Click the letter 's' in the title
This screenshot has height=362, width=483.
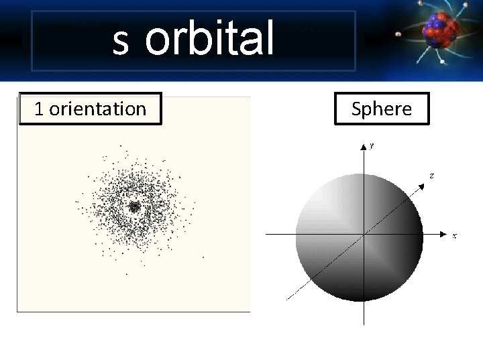[x=121, y=42]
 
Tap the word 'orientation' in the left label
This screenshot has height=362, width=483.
[x=97, y=109]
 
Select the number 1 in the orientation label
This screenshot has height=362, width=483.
[x=39, y=109]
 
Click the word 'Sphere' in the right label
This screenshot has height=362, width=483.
[x=381, y=109]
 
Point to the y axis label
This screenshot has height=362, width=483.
[x=372, y=145]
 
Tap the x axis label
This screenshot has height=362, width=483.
[x=454, y=236]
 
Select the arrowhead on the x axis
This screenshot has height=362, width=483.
[x=444, y=234]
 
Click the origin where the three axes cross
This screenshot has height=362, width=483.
[x=363, y=234]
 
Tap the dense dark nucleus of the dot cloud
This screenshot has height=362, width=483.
[x=133, y=207]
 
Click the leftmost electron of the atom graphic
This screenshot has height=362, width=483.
[x=398, y=34]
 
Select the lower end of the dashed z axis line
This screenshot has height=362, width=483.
[x=287, y=298]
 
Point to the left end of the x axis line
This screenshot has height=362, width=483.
[x=268, y=234]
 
